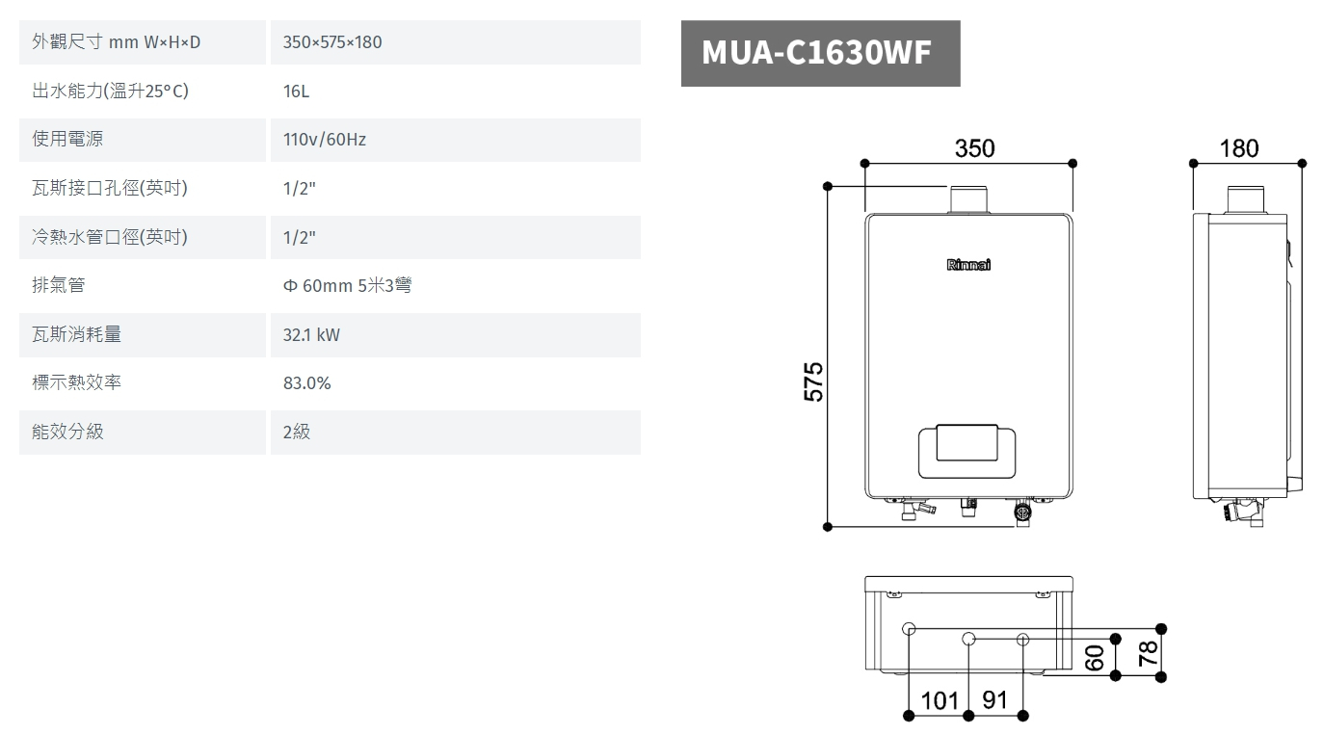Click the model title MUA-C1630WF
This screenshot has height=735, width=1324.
[x=816, y=52]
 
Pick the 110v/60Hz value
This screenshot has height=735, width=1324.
[x=325, y=140]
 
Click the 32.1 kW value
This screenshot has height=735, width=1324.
[x=311, y=335]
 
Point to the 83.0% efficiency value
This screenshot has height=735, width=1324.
[x=306, y=382]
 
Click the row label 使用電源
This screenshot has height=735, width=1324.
[x=67, y=139]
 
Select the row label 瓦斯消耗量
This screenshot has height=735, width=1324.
[x=76, y=334]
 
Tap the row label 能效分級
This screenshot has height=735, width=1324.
[x=67, y=432]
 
